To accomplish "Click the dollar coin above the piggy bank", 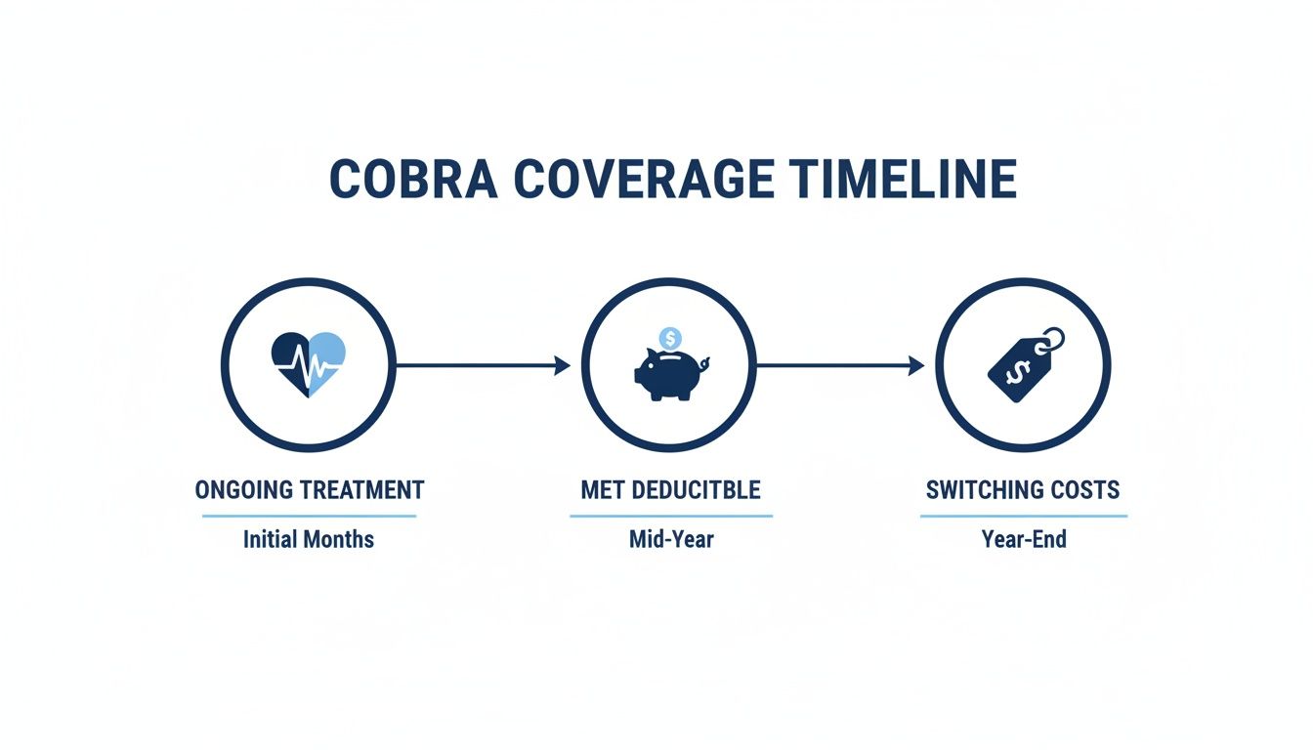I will pyautogui.click(x=670, y=339).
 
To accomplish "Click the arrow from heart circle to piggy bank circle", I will pyautogui.click(x=483, y=365).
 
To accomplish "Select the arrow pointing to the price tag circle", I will pyautogui.click(x=840, y=365).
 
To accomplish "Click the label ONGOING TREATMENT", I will pyautogui.click(x=310, y=490).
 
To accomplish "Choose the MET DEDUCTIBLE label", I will pyautogui.click(x=670, y=490).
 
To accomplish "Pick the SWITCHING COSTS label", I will pyautogui.click(x=1023, y=490).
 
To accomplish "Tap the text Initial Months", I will pyautogui.click(x=309, y=539).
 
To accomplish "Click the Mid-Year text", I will pyautogui.click(x=671, y=539).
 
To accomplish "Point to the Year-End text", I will pyautogui.click(x=1024, y=539).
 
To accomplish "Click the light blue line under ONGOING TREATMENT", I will pyautogui.click(x=310, y=516).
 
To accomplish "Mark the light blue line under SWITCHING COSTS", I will pyautogui.click(x=1024, y=516).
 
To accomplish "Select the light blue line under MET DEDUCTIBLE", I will pyautogui.click(x=671, y=516).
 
